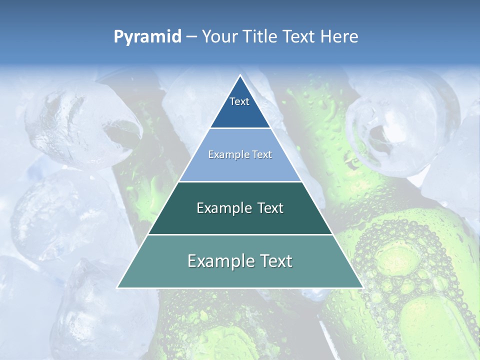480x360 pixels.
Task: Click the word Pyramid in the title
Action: (147, 37)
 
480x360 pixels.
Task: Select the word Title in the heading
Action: (261, 36)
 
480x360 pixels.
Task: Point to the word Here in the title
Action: (339, 36)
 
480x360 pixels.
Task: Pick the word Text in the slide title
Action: (299, 36)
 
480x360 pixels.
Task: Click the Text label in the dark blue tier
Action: (239, 101)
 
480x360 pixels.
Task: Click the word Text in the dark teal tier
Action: (270, 208)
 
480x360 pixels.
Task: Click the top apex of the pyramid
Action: (240, 75)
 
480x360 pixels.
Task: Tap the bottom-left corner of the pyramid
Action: (118, 287)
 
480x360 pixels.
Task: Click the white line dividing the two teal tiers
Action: (240, 234)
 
